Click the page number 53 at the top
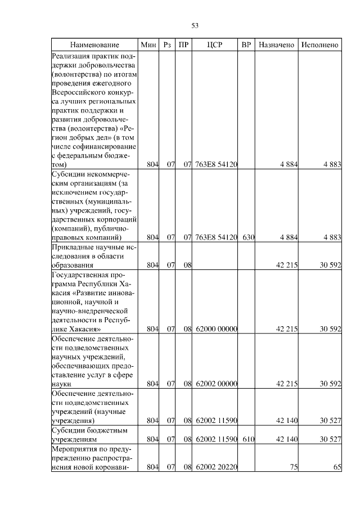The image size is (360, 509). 195,25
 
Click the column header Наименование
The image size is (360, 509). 94,44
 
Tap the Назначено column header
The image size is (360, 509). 276,44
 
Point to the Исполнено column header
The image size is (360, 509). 319,44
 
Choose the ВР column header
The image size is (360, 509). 246,44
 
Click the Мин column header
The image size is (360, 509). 148,44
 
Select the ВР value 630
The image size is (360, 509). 248,238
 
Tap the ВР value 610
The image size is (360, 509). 248,439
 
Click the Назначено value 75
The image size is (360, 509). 293,467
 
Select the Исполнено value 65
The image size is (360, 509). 337,467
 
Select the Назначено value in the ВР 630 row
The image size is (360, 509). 288,238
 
